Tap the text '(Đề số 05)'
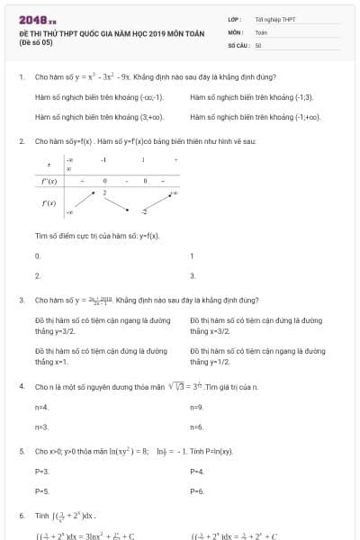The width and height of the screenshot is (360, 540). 37,41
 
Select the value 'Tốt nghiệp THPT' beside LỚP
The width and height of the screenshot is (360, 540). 274,19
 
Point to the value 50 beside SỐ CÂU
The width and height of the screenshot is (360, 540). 258,44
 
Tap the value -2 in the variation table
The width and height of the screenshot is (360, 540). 143,211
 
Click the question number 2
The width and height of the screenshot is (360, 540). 22,142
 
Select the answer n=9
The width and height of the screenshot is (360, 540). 197,407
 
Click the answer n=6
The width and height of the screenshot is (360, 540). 197,427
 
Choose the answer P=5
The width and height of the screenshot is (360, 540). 41,491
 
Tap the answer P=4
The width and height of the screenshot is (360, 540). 197,471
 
